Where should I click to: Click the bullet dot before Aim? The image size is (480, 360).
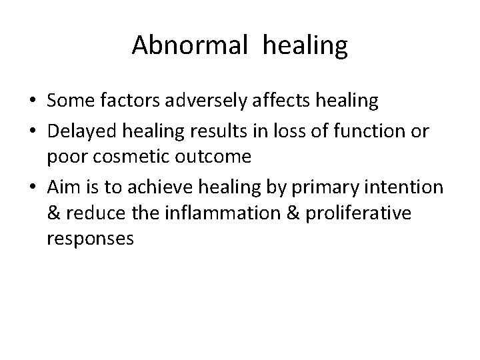(x=33, y=188)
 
